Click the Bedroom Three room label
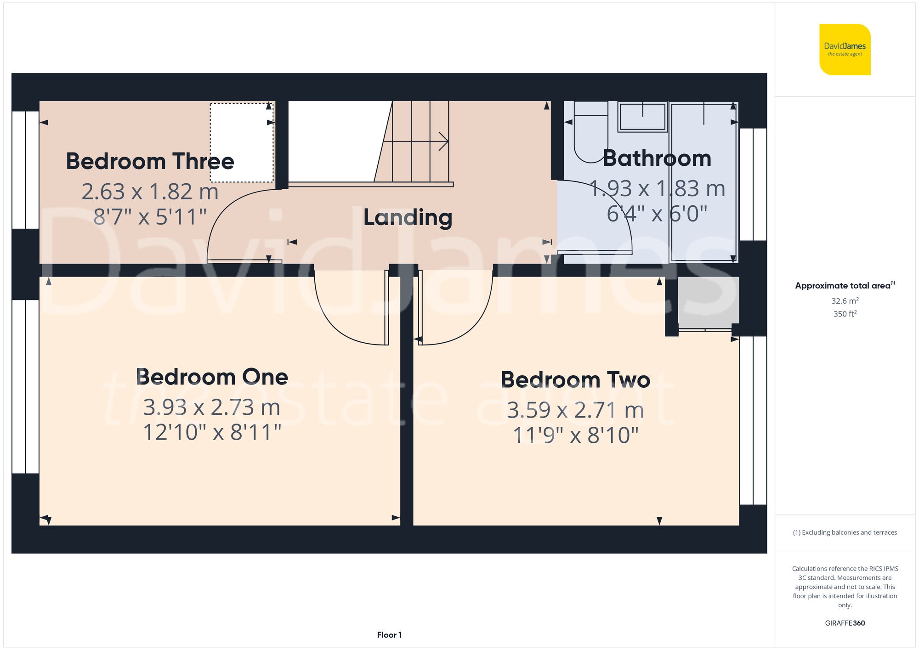click(150, 162)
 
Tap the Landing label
click(408, 217)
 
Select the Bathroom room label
click(657, 158)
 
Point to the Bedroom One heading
click(212, 377)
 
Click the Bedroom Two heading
click(575, 380)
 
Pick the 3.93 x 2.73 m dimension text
click(212, 407)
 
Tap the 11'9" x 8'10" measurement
click(575, 435)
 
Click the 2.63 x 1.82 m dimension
click(150, 192)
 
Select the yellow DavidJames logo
click(845, 50)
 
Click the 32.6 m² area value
click(845, 301)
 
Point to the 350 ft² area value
click(845, 314)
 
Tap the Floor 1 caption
click(389, 635)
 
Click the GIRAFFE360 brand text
click(845, 623)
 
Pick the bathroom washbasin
click(642, 117)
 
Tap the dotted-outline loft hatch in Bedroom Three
click(242, 142)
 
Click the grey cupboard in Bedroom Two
click(708, 301)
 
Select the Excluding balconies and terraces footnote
click(845, 533)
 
